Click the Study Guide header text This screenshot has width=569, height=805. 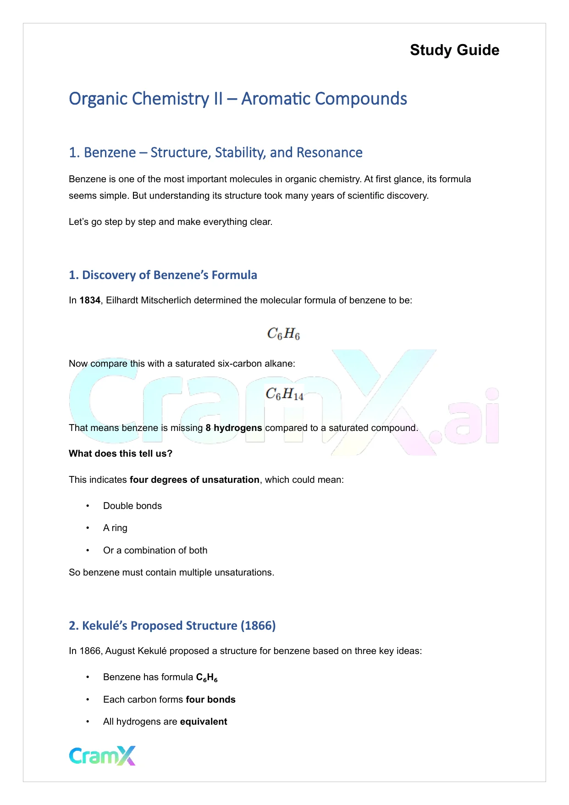coord(454,50)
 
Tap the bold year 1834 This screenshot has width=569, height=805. coord(90,301)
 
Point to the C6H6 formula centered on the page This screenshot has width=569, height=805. coord(284,334)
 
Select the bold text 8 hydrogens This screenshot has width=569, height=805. coord(234,428)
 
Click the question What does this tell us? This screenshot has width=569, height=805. coord(121,454)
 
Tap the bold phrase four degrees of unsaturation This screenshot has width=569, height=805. coord(194,480)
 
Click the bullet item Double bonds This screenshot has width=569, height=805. coord(133,506)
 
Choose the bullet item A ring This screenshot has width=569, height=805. coord(115,528)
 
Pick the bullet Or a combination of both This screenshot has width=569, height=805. coord(155,551)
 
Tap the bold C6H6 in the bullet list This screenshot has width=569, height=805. coord(207,678)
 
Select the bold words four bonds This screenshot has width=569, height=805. coord(210,700)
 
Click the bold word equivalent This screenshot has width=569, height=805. coord(204,722)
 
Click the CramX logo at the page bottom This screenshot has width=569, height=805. coord(102,756)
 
